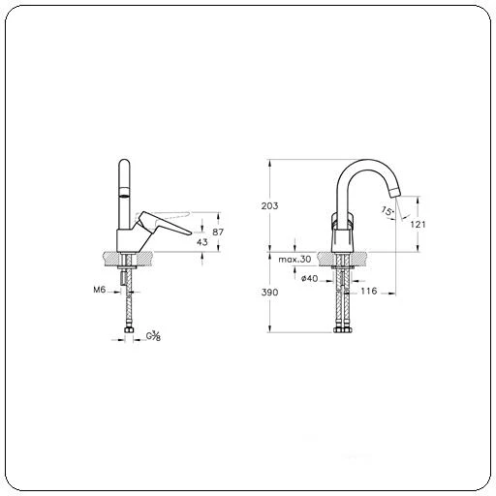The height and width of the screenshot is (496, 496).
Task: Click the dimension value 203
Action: tap(269, 206)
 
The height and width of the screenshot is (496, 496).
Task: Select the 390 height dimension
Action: tap(269, 292)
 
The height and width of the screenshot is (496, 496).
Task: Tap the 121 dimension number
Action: tap(418, 224)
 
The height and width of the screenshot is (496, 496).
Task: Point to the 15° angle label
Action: tap(387, 210)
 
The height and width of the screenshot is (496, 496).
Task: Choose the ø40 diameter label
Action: tap(310, 279)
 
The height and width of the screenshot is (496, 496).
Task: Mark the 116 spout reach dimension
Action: tap(368, 291)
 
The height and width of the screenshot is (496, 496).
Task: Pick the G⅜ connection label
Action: tap(153, 336)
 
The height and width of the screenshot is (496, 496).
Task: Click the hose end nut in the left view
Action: tap(128, 335)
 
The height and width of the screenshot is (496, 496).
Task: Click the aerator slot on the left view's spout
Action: tap(123, 195)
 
